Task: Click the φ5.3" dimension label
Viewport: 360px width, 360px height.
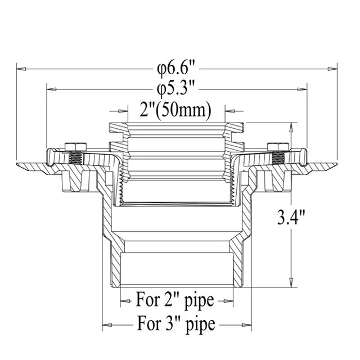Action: tap(176, 88)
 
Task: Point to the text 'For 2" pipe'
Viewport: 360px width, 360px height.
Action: tap(175, 300)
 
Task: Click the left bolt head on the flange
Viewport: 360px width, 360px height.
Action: tap(74, 147)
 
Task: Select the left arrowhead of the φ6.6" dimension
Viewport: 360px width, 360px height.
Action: tap(21, 69)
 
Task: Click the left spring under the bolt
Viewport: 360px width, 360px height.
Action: tap(74, 159)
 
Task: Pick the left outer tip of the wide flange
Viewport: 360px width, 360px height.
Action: tap(18, 165)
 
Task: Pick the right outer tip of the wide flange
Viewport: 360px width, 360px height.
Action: tap(338, 165)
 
